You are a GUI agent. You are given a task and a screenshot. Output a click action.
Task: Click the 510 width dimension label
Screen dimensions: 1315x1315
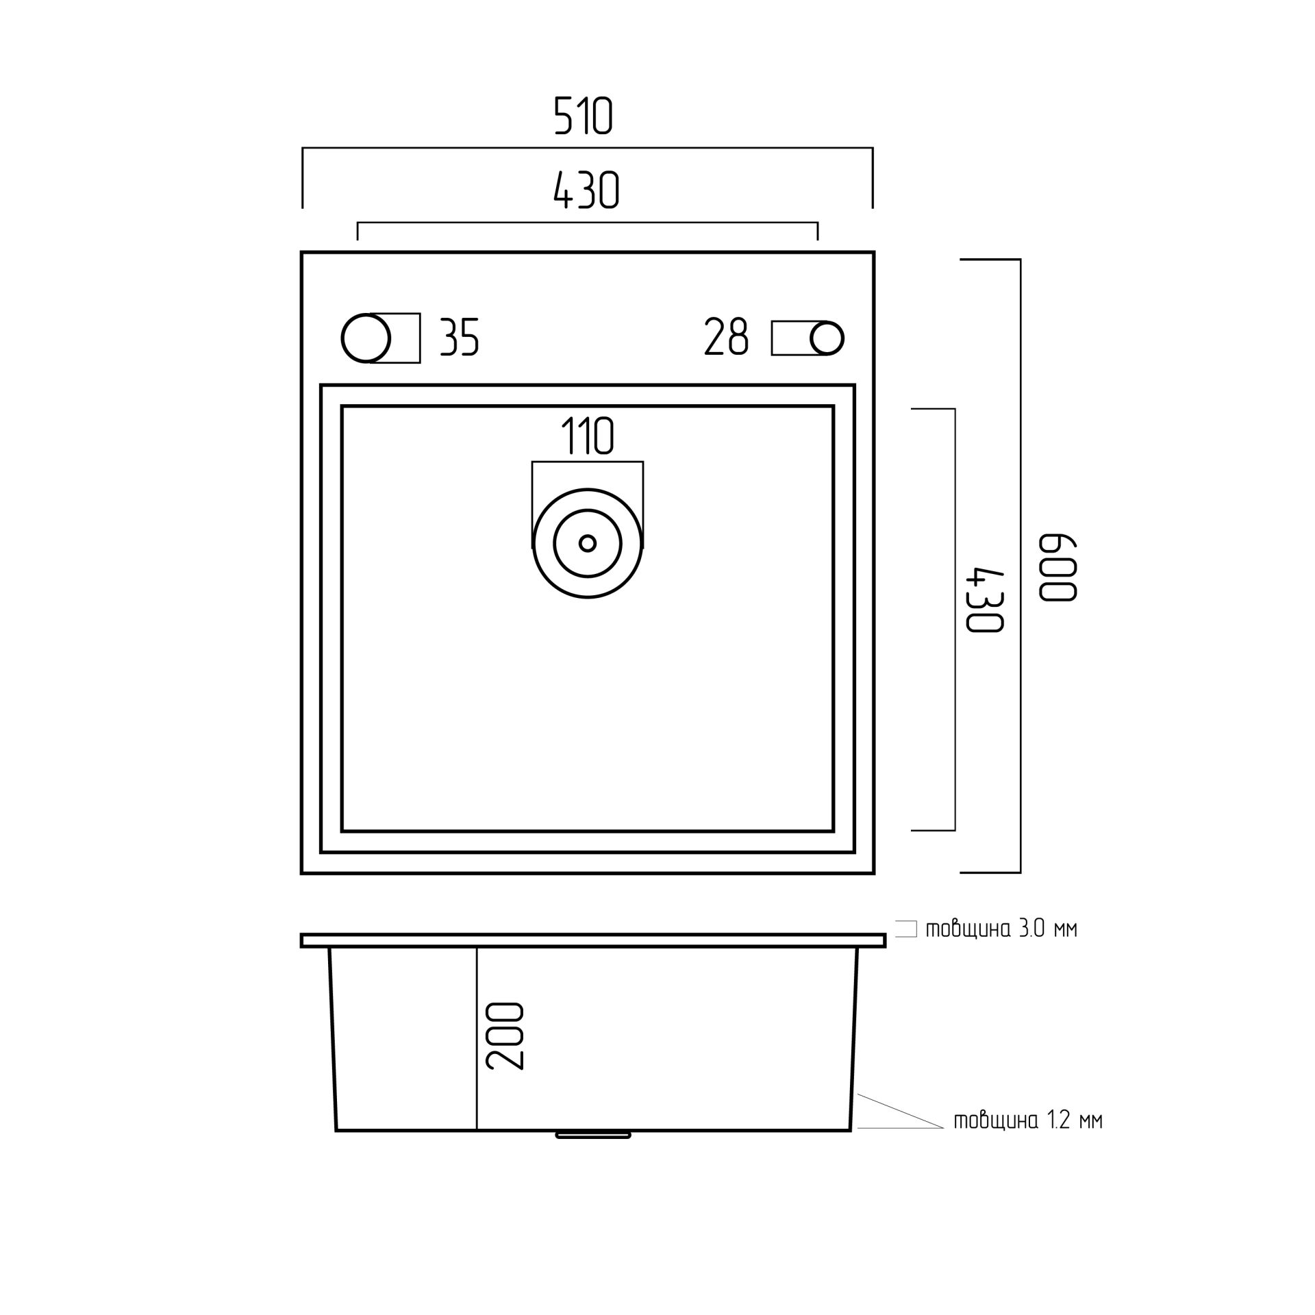click(x=583, y=116)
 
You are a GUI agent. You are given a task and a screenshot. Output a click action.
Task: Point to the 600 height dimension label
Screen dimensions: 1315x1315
click(x=1059, y=568)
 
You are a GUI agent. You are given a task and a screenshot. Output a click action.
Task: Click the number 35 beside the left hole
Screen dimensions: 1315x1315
click(x=459, y=337)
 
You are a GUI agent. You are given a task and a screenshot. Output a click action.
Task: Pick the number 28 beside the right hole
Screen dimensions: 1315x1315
click(x=727, y=337)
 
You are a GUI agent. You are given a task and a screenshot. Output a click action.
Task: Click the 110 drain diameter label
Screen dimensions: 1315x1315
click(x=588, y=436)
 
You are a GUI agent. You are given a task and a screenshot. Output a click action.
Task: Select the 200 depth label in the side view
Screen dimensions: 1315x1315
click(x=505, y=1036)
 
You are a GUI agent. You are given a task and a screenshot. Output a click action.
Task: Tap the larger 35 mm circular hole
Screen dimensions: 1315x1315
click(x=366, y=338)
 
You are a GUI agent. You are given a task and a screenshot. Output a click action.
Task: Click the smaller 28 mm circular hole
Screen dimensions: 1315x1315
click(x=827, y=338)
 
